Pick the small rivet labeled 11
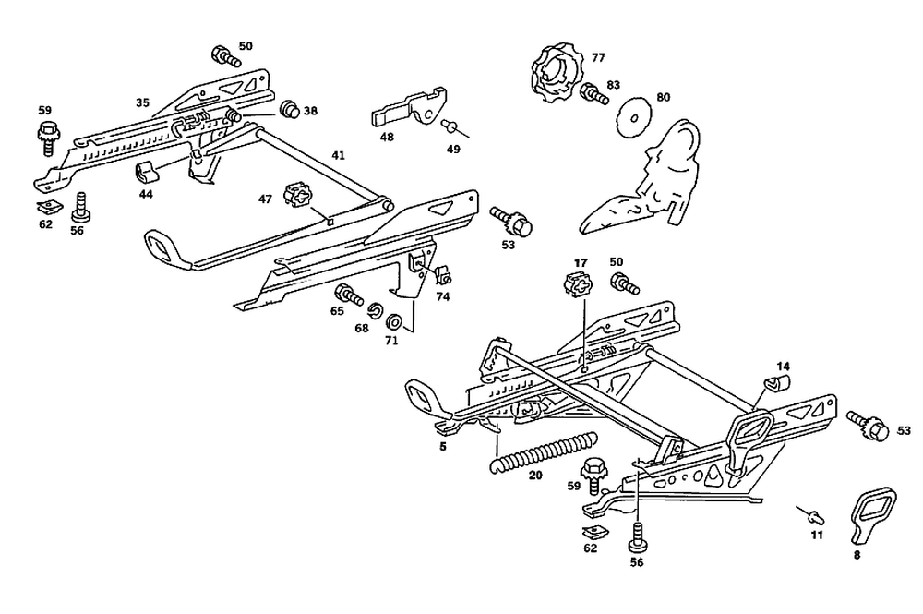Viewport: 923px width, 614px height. coord(812,512)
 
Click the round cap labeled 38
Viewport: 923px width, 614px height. coord(290,110)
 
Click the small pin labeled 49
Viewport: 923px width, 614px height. coord(451,125)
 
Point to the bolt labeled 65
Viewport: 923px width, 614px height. coord(347,295)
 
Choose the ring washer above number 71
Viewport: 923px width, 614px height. coord(393,322)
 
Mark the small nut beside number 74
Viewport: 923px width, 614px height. coord(442,275)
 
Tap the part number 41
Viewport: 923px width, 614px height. coord(338,156)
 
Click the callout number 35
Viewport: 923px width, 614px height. coord(142,103)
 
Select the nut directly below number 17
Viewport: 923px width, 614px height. coord(575,285)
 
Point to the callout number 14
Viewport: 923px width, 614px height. coord(783,365)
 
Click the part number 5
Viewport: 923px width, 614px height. coord(443,447)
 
